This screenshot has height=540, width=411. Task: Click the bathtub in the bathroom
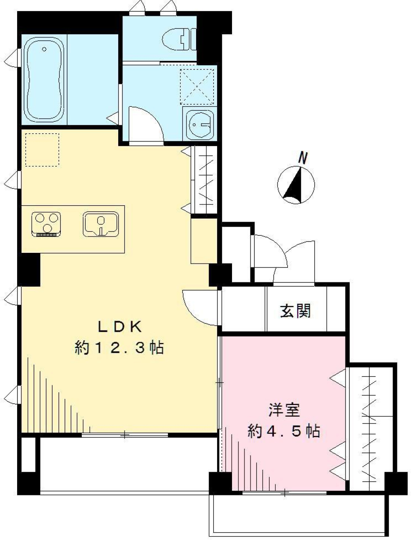click(44, 79)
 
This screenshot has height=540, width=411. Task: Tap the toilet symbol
click(179, 39)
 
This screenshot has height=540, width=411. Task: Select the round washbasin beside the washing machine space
click(200, 124)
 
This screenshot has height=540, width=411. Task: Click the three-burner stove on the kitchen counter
click(46, 224)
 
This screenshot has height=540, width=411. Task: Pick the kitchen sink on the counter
click(101, 224)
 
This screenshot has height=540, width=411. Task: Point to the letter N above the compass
click(303, 158)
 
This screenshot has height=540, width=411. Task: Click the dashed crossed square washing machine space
click(197, 86)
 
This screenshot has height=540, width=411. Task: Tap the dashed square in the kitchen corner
click(42, 150)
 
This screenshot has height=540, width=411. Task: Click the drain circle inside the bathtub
click(44, 49)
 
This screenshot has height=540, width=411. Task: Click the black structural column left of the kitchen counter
click(29, 270)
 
